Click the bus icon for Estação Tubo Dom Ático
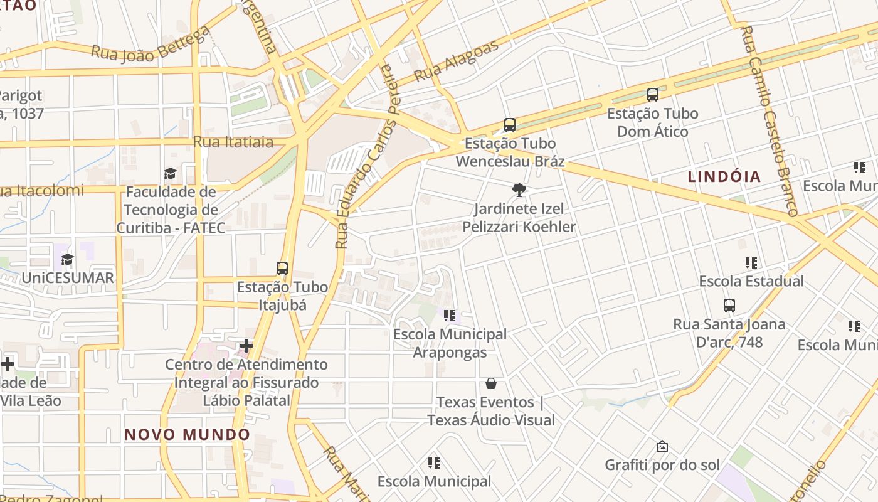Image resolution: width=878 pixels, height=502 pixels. pos(653,95)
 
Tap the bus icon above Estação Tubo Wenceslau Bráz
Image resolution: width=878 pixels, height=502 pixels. pos(510,125)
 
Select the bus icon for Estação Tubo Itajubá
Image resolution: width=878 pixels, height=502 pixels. pos(282,269)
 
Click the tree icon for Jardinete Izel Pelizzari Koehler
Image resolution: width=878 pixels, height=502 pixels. pos(519,190)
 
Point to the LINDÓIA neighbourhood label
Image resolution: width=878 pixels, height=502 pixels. pos(724,177)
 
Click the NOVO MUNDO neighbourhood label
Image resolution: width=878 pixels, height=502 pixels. pos(187,434)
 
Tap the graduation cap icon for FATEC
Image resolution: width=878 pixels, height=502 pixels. pos(170,173)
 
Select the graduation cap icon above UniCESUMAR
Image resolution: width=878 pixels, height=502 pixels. pos(67,259)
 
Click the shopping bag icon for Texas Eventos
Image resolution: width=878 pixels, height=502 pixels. pos(491,383)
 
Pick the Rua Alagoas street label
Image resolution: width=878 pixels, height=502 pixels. pos(457,61)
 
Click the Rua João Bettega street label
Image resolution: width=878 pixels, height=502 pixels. pos(151,45)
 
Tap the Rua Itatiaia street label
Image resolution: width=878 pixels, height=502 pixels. pos(233,142)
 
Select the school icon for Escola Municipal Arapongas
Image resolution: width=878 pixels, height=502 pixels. pos(449,316)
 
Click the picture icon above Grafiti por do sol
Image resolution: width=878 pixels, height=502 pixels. pos(662,446)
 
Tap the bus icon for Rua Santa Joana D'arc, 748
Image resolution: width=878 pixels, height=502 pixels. pos(729,306)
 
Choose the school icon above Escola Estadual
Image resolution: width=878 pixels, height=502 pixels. pos(751,263)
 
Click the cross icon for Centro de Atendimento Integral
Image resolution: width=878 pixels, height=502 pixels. pos(246,346)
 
